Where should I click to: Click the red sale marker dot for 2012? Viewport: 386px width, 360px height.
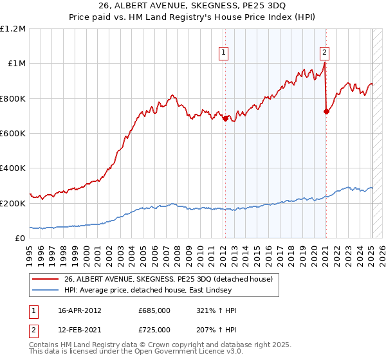(225, 118)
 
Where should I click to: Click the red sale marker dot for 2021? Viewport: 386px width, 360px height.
(326, 111)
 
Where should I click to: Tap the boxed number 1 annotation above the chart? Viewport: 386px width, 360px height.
(224, 53)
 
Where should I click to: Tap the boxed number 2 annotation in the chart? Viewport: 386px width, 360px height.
(325, 53)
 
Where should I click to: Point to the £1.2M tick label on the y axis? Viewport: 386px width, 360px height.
(13, 29)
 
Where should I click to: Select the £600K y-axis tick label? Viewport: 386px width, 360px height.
(13, 133)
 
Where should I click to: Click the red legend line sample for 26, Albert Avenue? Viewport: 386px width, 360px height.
(46, 279)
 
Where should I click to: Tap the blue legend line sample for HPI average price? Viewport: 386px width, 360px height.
(46, 290)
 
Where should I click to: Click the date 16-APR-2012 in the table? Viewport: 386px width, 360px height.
(80, 310)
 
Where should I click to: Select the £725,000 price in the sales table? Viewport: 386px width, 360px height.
(154, 330)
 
